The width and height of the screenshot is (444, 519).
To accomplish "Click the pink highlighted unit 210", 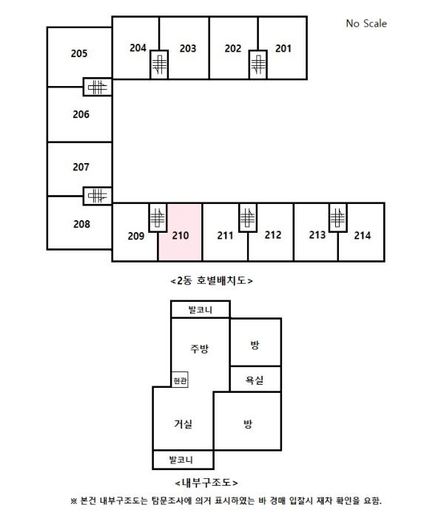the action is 180,232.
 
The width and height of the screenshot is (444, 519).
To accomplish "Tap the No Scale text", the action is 366,24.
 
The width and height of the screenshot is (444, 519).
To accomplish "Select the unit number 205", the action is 79,53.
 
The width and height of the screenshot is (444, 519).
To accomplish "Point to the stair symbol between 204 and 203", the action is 159,65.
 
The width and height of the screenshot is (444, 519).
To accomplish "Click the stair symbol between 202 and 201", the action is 258,65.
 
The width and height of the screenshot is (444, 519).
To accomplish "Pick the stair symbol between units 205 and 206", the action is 98,87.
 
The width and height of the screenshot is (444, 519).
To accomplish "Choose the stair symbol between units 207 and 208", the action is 98,196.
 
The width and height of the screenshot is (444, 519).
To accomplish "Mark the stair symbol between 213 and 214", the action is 338,218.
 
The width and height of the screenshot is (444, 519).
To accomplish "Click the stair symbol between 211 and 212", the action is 248,218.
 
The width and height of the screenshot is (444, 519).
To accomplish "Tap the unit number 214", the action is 363,235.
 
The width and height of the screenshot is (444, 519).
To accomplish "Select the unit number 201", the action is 283,49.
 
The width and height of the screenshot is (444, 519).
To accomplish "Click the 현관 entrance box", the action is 180,380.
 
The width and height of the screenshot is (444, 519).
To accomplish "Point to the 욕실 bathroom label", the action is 255,380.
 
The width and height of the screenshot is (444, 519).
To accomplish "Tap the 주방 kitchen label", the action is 200,349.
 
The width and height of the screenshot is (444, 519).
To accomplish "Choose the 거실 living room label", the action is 184,424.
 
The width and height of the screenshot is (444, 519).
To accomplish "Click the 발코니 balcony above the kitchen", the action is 201,309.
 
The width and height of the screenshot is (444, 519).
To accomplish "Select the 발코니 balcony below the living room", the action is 184,460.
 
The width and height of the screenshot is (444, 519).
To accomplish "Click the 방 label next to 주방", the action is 255,346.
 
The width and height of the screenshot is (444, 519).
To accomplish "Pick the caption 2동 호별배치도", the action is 212,281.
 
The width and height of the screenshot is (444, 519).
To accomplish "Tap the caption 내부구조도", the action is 206,483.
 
